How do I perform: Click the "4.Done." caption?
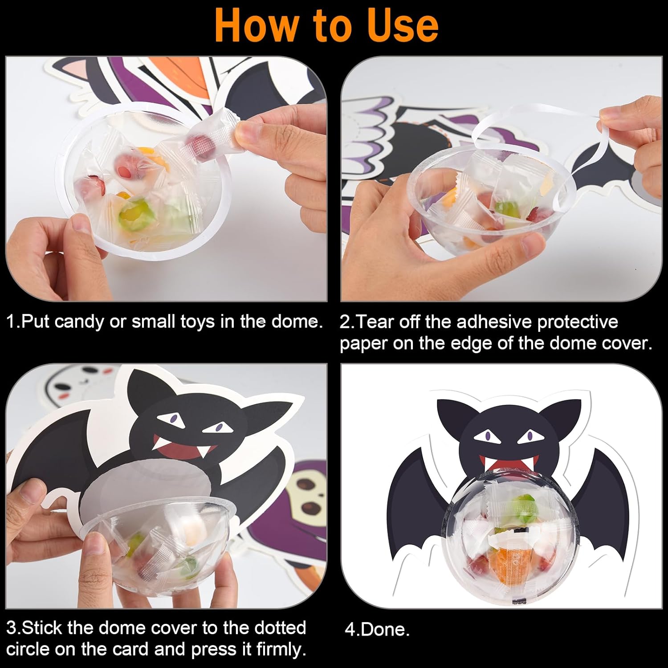pos(377,629)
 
